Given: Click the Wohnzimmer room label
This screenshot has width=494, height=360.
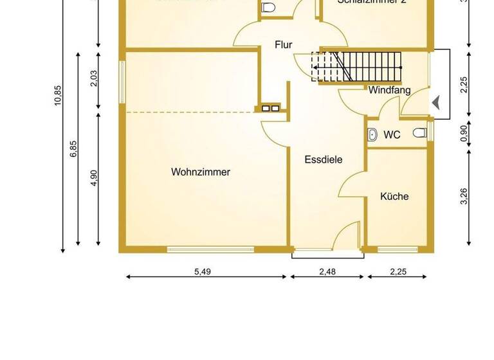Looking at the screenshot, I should [201, 172].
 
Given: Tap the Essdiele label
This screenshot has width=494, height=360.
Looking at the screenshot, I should [323, 159].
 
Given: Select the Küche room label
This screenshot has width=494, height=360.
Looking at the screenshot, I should [394, 196].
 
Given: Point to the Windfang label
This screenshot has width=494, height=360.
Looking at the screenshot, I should [389, 91].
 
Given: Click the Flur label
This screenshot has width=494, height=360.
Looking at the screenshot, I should [284, 45].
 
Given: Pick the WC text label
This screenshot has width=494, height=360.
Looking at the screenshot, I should [392, 135].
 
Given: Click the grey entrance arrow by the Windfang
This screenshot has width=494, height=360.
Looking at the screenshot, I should [436, 102].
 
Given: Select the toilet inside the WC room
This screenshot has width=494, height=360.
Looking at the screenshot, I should [420, 133].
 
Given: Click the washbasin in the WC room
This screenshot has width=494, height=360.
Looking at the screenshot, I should [372, 134].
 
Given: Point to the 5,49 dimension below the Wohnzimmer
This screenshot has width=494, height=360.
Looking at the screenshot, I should [203, 272].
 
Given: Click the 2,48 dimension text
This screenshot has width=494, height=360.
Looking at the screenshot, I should [327, 272].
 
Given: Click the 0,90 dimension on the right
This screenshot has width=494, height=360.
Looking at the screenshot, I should [464, 132].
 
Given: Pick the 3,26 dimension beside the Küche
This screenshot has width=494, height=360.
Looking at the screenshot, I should [464, 197].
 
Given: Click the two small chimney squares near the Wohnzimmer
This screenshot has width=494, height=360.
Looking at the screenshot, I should [270, 108].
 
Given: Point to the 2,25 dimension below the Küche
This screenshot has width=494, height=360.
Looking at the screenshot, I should [398, 272].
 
